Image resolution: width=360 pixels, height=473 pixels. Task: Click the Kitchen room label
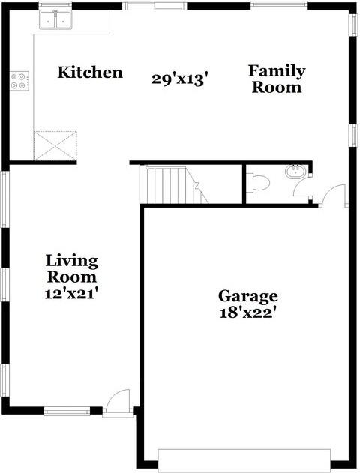pyautogui.click(x=90, y=73)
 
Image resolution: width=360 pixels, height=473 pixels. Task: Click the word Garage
pyautogui.click(x=247, y=295)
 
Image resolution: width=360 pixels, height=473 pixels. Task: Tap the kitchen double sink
pyautogui.click(x=55, y=21)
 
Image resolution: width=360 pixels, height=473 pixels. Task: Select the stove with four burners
pyautogui.click(x=19, y=80)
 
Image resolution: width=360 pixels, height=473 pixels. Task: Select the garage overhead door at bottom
pyautogui.click(x=244, y=460)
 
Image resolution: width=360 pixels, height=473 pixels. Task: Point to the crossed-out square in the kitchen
pyautogui.click(x=55, y=145)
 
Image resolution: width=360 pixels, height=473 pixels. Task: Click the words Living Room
pyautogui.click(x=72, y=269)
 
